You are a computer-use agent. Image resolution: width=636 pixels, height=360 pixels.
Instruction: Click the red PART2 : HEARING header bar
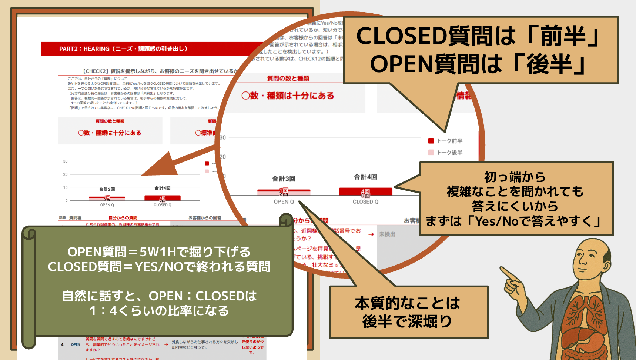pyautogui.click(x=148, y=49)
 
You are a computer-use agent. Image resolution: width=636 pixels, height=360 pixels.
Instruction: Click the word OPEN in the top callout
pyautogui.click(x=401, y=64)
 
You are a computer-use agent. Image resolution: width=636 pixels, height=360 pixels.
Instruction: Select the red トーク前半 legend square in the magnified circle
pyautogui.click(x=431, y=141)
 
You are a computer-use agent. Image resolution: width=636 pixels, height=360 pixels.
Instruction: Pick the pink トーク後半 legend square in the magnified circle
pyautogui.click(x=431, y=152)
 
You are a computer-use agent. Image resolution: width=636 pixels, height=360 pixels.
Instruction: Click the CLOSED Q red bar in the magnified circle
pyautogui.click(x=365, y=191)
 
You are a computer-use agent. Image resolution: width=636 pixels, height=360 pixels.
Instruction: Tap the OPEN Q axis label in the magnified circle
pyautogui.click(x=284, y=202)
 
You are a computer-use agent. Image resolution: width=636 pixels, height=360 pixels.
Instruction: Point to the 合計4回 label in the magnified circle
pyautogui.click(x=365, y=177)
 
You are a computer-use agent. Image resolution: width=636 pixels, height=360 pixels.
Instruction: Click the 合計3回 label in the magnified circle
pyautogui.click(x=284, y=179)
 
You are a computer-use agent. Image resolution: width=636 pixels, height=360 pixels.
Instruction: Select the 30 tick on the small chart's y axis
pyautogui.click(x=65, y=161)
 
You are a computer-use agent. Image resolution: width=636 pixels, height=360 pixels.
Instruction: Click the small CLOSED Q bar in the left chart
pyautogui.click(x=162, y=198)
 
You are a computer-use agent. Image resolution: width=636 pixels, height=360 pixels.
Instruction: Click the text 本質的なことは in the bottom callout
pyautogui.click(x=407, y=303)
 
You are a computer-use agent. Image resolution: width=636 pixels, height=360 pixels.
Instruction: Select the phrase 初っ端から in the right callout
pyautogui.click(x=515, y=177)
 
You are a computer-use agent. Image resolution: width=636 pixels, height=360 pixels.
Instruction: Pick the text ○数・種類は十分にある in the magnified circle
pyautogui.click(x=288, y=96)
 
